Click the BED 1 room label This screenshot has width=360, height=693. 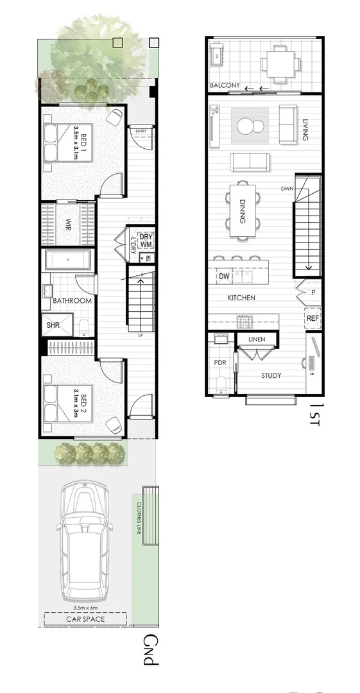tap(80, 142)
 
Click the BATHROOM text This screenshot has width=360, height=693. tap(72, 300)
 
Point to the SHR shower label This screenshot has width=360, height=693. tap(53, 325)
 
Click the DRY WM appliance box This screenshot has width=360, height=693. tap(146, 240)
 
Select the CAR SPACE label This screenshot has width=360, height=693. tap(85, 619)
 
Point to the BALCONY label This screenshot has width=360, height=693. tap(225, 85)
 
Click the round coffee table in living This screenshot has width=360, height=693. tap(251, 126)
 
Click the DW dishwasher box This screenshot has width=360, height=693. tap(224, 277)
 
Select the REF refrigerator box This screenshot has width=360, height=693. tap(313, 318)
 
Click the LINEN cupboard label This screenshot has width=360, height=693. tap(257, 338)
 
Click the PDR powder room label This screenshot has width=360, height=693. tap(219, 363)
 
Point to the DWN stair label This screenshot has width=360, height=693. tap(287, 189)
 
